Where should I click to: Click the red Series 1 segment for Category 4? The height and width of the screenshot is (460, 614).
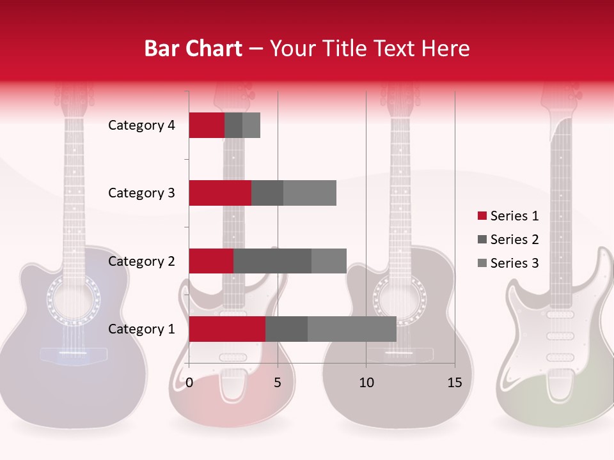point(207,125)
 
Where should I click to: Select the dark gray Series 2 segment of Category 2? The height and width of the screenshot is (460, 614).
point(272,261)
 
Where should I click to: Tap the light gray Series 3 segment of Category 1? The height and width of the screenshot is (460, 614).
point(352,329)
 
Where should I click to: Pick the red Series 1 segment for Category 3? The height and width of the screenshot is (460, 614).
point(220,193)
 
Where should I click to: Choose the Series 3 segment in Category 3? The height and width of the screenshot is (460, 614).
point(310,193)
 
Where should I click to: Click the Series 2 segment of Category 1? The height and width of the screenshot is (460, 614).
point(287,329)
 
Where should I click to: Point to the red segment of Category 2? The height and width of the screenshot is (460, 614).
point(211,261)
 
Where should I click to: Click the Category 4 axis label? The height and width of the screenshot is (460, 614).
point(141,125)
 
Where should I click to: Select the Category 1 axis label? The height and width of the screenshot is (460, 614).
point(141,329)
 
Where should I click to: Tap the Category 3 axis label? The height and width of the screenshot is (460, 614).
point(141,193)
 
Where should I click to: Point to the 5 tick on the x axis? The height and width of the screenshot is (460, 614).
point(278,383)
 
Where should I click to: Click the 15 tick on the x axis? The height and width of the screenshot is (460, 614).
point(455,383)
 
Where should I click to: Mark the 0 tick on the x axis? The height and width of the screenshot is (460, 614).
point(189,383)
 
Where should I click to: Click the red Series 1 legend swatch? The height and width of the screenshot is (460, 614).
point(482,216)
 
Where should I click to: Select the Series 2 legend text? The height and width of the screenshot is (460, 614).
point(514,240)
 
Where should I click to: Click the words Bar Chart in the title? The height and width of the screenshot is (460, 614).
point(193,48)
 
